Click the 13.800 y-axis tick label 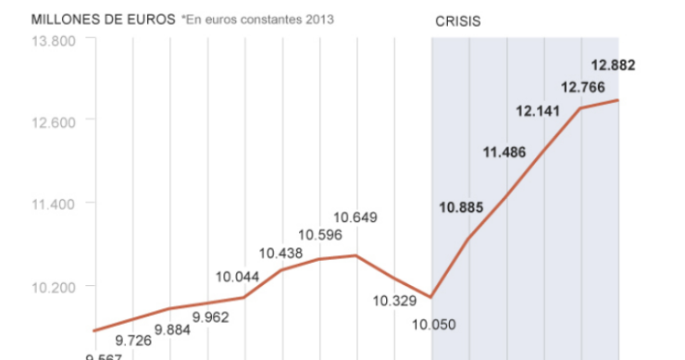click(x=53, y=41)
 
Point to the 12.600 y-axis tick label click(x=53, y=119)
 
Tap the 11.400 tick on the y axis click(x=53, y=203)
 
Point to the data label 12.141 click(x=538, y=111)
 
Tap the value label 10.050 click(x=434, y=323)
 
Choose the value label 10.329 click(x=394, y=301)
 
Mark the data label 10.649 click(x=355, y=218)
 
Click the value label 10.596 click(x=319, y=235)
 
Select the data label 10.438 click(x=280, y=253)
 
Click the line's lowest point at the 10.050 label click(x=431, y=298)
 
